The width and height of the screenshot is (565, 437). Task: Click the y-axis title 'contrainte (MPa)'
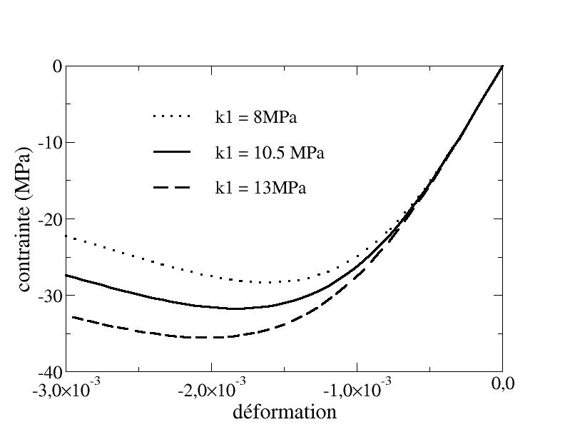click(x=24, y=219)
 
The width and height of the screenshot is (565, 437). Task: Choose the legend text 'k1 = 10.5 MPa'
click(x=270, y=153)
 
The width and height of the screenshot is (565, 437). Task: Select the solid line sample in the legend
click(x=172, y=152)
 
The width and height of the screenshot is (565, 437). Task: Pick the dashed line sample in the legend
click(x=172, y=187)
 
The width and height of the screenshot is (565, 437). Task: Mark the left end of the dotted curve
click(x=67, y=236)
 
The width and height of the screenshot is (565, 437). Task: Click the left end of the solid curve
click(x=67, y=275)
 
